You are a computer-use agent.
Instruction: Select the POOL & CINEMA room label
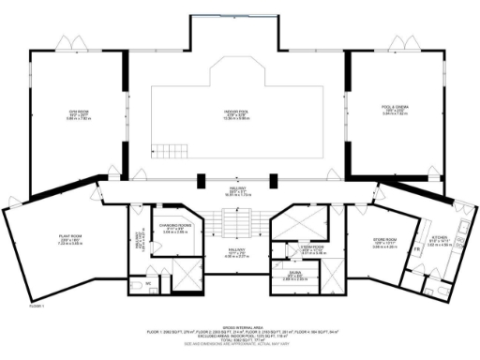coord(391,109)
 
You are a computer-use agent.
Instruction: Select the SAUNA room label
coord(293,277)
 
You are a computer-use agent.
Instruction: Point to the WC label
coord(148,281)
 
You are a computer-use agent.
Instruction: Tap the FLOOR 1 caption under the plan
coord(37,306)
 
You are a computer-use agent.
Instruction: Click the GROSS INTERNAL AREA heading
coord(240,326)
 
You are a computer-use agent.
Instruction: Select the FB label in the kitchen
coord(415,249)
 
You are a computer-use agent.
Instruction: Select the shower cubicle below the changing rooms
coord(187,277)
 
